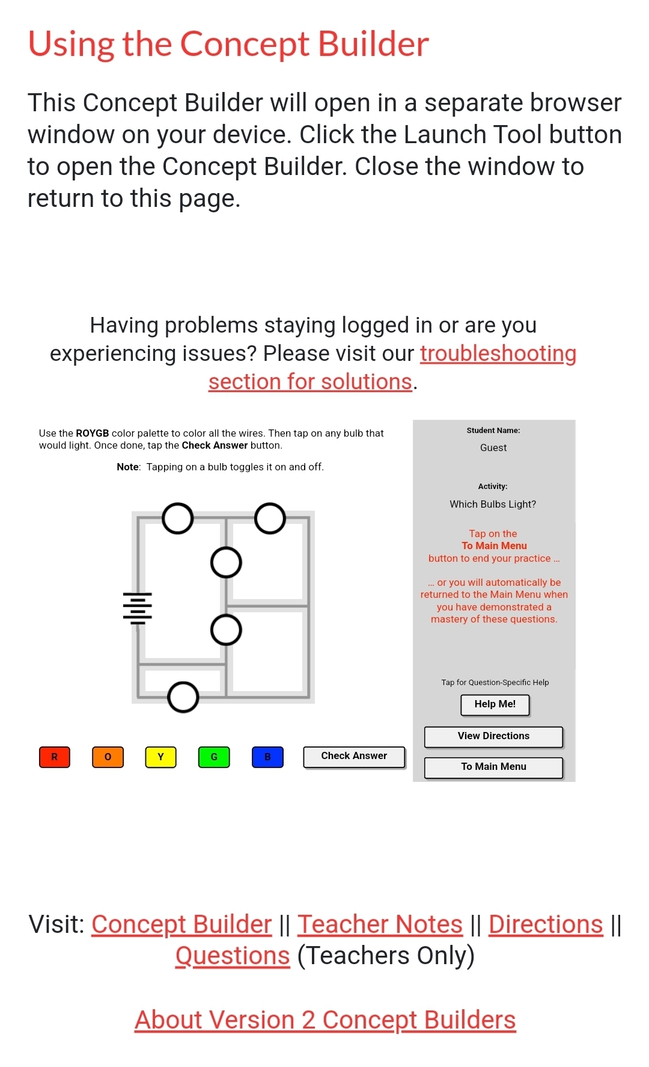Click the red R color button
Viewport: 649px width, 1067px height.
tap(55, 757)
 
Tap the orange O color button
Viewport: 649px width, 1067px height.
tap(108, 757)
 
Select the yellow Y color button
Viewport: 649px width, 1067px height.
tap(160, 757)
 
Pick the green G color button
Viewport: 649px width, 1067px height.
tap(214, 757)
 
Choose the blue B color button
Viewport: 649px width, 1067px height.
tap(267, 757)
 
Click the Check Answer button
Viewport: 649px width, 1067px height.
tap(354, 756)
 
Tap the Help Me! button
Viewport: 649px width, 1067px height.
tap(495, 704)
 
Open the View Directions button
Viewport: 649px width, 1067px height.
tap(493, 736)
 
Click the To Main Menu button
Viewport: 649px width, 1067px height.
tap(493, 767)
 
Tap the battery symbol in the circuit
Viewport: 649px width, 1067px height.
tap(138, 608)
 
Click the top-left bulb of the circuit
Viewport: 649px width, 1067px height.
tap(178, 518)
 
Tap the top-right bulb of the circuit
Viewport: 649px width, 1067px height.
tap(270, 518)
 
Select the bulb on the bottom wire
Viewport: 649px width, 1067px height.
tap(183, 697)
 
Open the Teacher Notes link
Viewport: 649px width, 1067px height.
tap(380, 924)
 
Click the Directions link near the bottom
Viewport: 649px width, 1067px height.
tap(545, 924)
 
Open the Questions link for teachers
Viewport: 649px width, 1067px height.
tap(233, 956)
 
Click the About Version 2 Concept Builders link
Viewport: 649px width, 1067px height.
tap(325, 1020)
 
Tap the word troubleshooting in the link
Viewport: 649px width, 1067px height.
tap(498, 354)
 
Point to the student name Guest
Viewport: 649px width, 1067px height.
tap(493, 448)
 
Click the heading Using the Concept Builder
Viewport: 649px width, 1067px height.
tap(228, 45)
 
